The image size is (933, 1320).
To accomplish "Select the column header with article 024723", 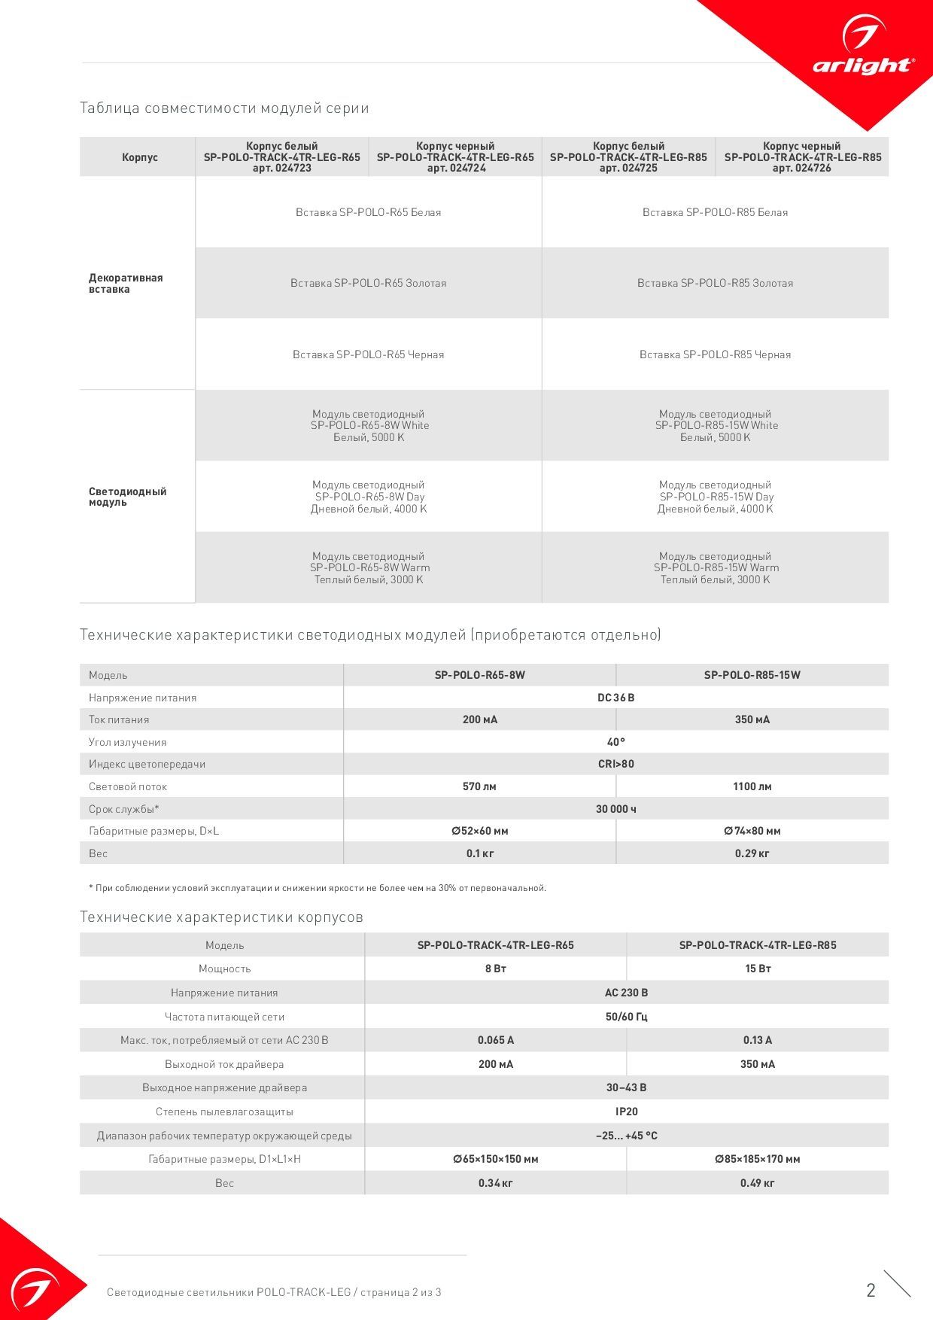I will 282,157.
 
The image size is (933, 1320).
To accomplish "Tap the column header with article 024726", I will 802,157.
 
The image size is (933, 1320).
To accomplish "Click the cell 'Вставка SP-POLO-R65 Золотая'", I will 369,283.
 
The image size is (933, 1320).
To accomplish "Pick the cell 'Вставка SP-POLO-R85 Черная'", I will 715,354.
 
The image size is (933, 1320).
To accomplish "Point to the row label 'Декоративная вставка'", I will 126,283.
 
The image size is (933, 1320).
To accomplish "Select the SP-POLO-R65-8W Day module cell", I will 369,497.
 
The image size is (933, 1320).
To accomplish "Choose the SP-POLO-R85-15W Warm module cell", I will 716,567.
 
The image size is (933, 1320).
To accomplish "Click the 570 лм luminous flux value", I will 479,786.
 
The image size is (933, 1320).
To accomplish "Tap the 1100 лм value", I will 752,786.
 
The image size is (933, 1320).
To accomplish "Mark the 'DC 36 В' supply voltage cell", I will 615,698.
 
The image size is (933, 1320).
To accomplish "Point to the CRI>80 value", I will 615,764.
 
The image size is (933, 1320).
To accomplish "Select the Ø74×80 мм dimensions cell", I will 752,831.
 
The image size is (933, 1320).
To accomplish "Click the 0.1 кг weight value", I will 479,853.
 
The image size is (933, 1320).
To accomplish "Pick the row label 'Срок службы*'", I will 124,809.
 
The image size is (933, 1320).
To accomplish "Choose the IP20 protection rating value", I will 626,1112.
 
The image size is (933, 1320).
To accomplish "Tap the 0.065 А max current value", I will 495,1040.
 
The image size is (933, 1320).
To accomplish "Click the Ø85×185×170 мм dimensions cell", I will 757,1159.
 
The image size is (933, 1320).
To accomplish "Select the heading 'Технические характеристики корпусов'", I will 221,917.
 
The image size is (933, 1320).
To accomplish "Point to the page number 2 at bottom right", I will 871,1291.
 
